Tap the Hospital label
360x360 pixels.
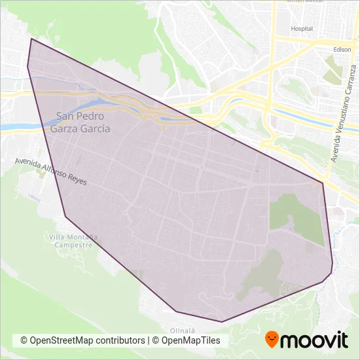tap(302, 29)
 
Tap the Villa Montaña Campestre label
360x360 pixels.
tap(73, 240)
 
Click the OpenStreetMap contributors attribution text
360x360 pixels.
tap(83, 340)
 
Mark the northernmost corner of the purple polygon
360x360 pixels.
tap(31, 39)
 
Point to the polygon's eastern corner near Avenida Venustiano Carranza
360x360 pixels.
tap(323, 183)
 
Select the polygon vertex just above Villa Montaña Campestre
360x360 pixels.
tap(65, 216)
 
